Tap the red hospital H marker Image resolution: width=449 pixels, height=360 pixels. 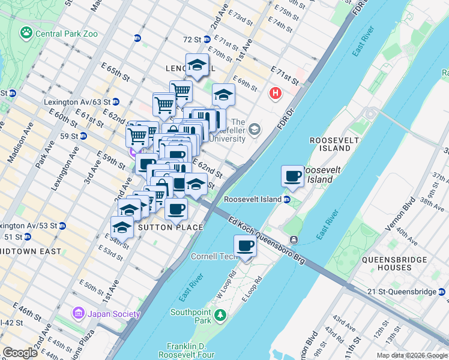tap(276, 93)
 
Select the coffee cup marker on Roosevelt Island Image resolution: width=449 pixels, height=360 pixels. tap(293, 176)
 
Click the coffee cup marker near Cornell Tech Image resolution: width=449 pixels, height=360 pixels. tap(245, 246)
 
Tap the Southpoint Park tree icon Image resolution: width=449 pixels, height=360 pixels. tap(220, 315)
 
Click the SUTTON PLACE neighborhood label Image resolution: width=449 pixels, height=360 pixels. tap(170, 228)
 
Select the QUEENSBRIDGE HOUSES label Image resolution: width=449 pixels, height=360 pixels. tap(393, 265)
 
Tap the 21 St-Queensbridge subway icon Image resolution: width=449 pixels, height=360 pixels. tap(442, 292)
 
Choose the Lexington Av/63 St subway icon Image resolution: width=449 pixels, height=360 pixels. tap(115, 102)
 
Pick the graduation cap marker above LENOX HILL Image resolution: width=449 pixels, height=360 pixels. tap(197, 64)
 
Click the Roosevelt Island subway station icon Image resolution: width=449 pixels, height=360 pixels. tap(288, 199)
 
